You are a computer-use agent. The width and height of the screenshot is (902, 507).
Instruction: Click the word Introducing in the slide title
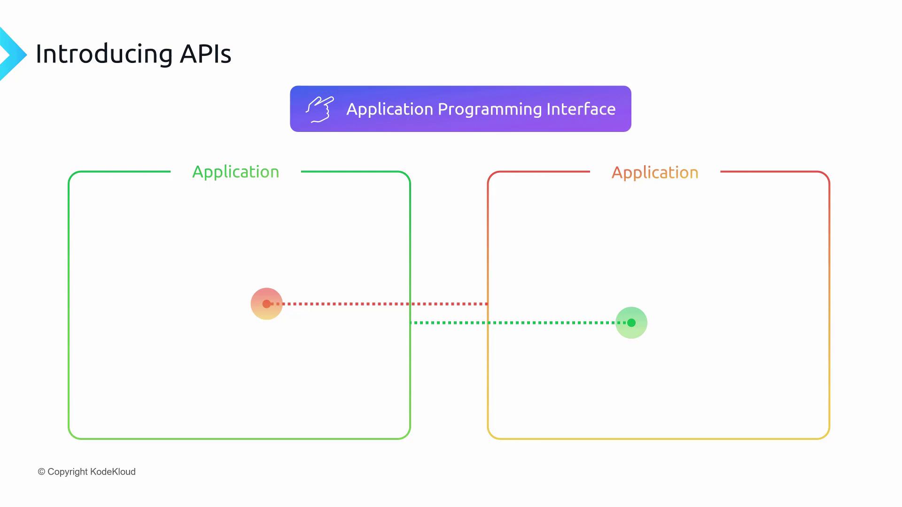tap(104, 54)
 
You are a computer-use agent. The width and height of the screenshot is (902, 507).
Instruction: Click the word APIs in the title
tap(206, 54)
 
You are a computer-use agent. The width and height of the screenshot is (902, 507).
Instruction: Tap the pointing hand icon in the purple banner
tap(320, 109)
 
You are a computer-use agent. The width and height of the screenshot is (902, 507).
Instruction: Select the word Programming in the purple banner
tap(490, 110)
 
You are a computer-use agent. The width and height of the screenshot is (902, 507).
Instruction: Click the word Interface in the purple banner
tap(581, 109)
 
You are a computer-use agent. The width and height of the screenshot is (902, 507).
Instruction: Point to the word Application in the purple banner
tap(390, 110)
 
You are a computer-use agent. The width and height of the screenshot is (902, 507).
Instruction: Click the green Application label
tap(236, 173)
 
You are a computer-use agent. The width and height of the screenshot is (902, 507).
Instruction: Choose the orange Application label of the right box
tap(655, 173)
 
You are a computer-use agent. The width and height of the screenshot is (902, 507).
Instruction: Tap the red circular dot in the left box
tap(266, 304)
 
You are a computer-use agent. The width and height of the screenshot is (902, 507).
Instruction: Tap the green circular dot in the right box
tap(631, 323)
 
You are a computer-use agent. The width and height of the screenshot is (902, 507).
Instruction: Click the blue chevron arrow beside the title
tap(13, 54)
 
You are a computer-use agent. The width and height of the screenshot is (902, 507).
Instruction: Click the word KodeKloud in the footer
tap(113, 472)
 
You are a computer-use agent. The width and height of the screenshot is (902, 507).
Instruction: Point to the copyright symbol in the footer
tap(41, 472)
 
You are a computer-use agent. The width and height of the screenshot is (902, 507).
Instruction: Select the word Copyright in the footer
tap(68, 472)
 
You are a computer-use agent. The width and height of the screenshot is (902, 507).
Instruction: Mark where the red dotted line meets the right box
tap(488, 304)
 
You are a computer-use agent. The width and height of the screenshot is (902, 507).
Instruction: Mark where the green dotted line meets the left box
tap(410, 323)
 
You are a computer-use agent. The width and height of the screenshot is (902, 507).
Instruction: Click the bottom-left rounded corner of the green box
tap(72, 436)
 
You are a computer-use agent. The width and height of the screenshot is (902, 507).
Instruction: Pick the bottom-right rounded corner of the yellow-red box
tap(826, 436)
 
